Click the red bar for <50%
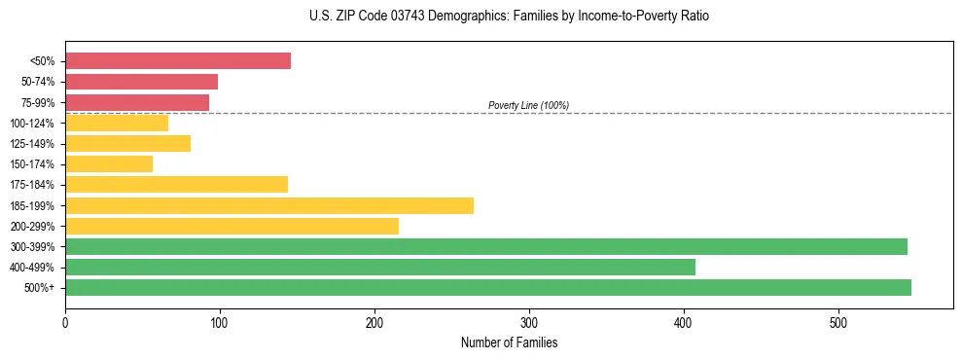coord(178,61)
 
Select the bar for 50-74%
coord(141,82)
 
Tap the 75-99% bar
coord(137,102)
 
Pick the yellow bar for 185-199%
coord(269,205)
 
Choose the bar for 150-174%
coord(109,163)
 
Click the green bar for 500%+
coord(488,287)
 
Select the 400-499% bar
coord(380,267)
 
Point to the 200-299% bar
coord(232,226)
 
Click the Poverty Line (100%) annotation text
coord(528,105)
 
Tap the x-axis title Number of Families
coord(509,342)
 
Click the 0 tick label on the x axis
coord(65,322)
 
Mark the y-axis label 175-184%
coord(32,185)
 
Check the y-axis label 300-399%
coord(32,246)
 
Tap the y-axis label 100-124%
coord(32,124)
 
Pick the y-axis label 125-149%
coord(32,144)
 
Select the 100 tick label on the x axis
coord(220,322)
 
